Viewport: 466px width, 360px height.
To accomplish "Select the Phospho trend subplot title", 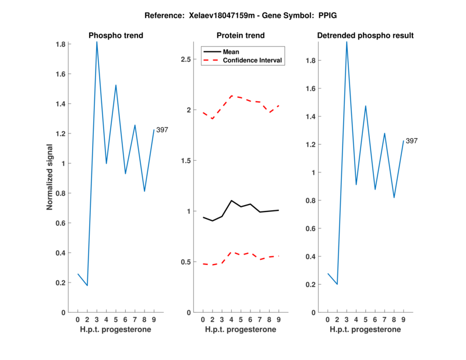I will click(116, 36).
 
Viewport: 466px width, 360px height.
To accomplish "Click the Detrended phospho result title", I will click(365, 36).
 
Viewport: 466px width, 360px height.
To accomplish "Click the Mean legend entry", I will click(231, 52).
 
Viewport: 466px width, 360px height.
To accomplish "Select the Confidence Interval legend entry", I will click(252, 60).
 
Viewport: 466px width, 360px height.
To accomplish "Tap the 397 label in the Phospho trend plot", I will click(162, 130).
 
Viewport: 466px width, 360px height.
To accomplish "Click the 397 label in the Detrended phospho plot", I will click(412, 141).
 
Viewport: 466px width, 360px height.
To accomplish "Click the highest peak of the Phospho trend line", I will click(97, 42).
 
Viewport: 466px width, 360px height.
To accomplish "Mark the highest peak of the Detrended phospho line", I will click(347, 42).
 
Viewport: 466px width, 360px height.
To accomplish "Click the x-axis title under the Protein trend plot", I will click(241, 330).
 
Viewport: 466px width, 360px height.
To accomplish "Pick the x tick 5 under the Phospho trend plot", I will click(116, 319).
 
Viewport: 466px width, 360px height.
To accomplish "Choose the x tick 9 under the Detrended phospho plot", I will click(403, 319).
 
